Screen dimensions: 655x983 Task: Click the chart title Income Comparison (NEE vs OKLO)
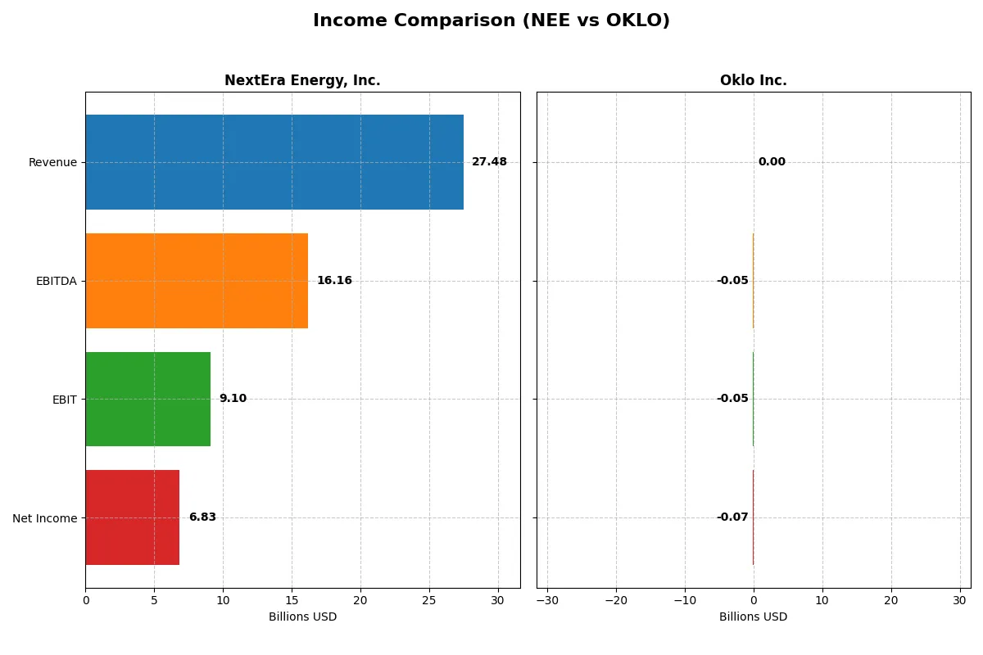coord(491,20)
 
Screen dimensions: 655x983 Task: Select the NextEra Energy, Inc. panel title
coord(302,80)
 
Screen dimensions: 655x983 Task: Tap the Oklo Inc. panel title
coord(753,80)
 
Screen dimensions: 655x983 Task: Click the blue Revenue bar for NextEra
coord(274,162)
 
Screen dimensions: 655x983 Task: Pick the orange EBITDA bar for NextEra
coord(197,281)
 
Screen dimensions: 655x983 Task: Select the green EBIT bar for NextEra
coord(148,399)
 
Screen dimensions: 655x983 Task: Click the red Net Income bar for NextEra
coord(133,517)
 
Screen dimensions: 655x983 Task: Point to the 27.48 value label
coord(489,162)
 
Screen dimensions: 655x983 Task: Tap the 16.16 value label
coord(334,281)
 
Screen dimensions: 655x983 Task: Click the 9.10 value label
coord(233,399)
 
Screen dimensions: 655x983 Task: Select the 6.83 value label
coord(202,517)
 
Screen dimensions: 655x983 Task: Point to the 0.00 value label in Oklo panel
coord(772,162)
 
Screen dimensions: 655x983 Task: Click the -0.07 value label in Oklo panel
coord(732,517)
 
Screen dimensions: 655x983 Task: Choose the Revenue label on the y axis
coord(52,162)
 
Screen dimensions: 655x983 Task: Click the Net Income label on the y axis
coord(45,518)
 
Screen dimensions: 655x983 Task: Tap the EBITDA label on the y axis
coord(57,281)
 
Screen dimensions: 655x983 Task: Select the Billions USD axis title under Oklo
coord(753,617)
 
